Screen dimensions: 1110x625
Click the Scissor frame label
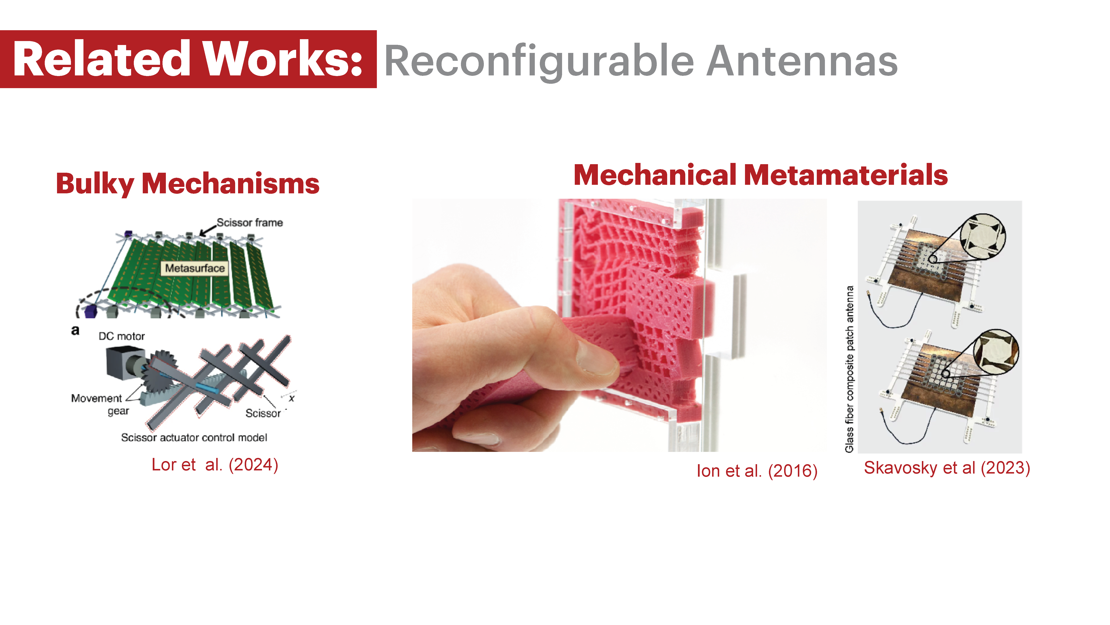[x=250, y=222]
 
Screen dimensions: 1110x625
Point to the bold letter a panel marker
[x=75, y=330]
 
